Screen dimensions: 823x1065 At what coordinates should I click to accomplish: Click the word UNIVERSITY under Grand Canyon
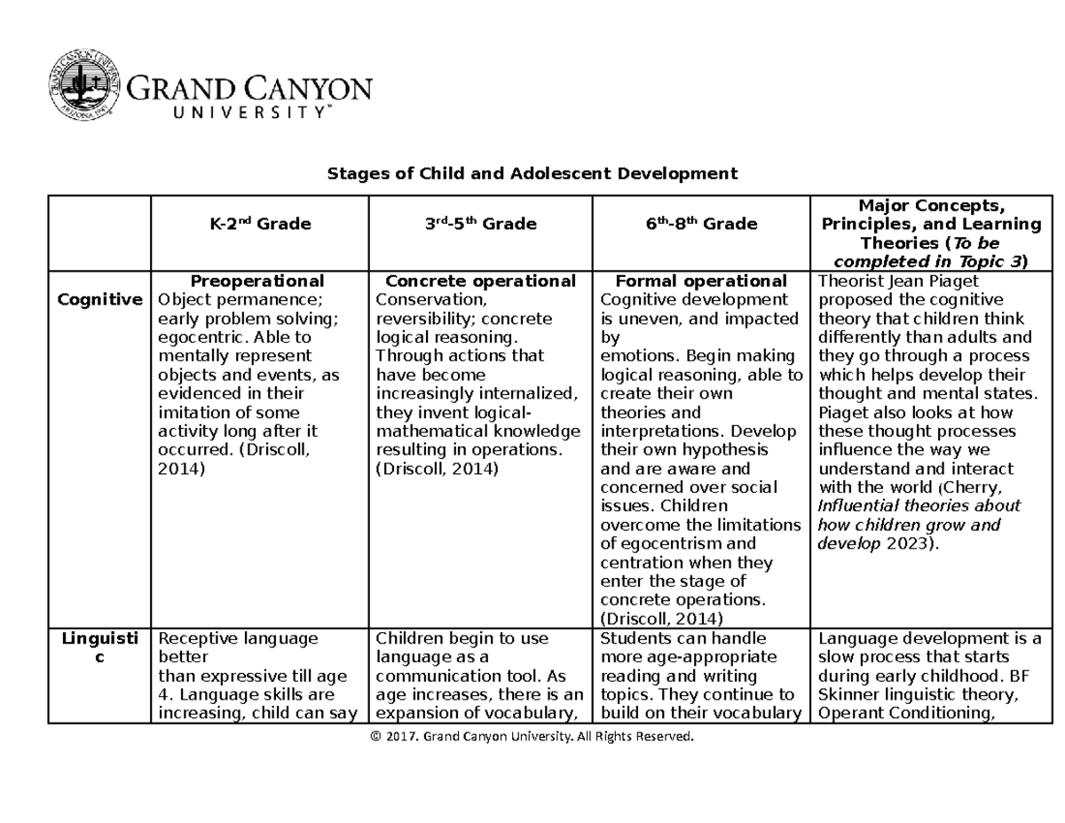point(230,112)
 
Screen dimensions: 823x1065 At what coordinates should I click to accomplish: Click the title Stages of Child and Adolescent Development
point(532,173)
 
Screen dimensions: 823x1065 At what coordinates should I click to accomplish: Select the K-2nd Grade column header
point(260,225)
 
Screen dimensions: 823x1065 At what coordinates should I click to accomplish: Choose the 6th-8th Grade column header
point(701,225)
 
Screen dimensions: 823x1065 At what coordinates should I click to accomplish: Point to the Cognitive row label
point(99,300)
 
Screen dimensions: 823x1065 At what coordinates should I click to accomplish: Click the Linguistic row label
point(99,648)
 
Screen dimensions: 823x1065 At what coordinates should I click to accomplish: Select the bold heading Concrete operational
point(480,281)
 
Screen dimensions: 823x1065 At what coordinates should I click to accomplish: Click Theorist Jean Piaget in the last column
point(885,281)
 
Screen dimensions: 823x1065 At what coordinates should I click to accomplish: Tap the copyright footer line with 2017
point(532,737)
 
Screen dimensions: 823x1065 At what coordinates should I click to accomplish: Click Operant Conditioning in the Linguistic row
point(903,713)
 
